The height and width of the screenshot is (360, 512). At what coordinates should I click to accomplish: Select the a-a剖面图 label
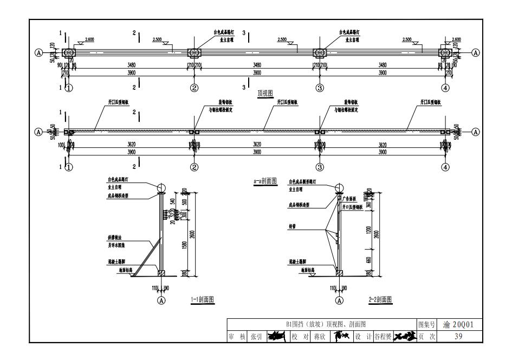tap(265, 182)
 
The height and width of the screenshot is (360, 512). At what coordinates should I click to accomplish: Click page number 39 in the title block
tap(457, 336)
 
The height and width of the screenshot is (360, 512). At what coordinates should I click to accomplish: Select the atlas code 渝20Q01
tap(458, 324)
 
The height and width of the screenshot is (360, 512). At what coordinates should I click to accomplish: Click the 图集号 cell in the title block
tap(426, 325)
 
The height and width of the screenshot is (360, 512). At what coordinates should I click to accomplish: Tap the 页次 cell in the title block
tap(426, 336)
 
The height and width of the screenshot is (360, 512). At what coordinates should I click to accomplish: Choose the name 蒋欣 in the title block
tap(317, 336)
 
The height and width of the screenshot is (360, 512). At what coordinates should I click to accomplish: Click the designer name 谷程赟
tap(383, 336)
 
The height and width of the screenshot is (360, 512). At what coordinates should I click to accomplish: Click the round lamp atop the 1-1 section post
tap(161, 187)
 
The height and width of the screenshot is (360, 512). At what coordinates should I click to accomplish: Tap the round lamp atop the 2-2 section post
tap(340, 187)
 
